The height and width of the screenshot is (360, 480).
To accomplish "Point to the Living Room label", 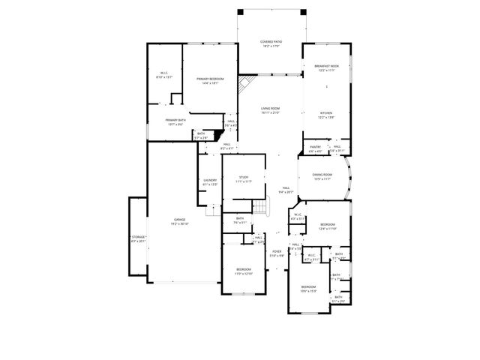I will pyautogui.click(x=270, y=110).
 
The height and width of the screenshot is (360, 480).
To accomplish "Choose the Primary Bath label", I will pyautogui.click(x=175, y=121).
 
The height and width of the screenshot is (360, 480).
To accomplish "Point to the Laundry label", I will pyautogui.click(x=210, y=181).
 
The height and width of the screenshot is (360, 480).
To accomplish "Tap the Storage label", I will pyautogui.click(x=139, y=238).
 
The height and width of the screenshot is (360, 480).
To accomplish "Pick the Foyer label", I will pyautogui.click(x=277, y=253).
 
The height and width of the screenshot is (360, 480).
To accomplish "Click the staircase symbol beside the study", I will pyautogui.click(x=260, y=207).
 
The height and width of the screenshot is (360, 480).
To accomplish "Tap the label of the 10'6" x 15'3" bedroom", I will pyautogui.click(x=309, y=289).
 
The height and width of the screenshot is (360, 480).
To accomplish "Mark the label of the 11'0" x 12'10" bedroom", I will pyautogui.click(x=244, y=271).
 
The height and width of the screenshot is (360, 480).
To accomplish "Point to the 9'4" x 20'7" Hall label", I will pyautogui.click(x=286, y=190).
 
